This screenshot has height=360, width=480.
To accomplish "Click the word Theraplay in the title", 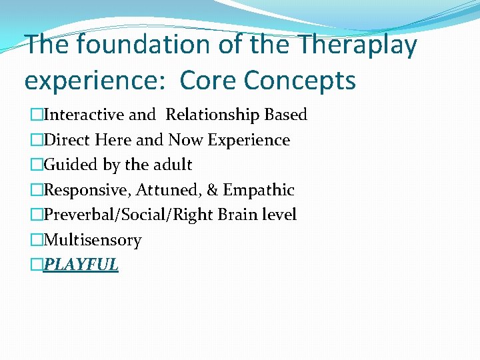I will pyautogui.click(x=357, y=45).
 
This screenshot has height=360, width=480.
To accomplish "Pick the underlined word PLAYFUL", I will pyautogui.click(x=81, y=265).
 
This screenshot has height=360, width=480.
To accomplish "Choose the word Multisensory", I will pyautogui.click(x=92, y=240).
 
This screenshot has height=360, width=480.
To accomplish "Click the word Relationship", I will pyautogui.click(x=213, y=115).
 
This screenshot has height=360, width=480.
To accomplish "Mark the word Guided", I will pyautogui.click(x=69, y=165).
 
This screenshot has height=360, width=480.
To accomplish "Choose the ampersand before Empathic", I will pyautogui.click(x=213, y=190).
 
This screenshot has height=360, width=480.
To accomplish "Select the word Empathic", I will pyautogui.click(x=259, y=190).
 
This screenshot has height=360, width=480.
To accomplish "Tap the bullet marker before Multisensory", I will pyautogui.click(x=36, y=240).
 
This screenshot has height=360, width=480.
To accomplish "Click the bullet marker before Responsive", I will pyautogui.click(x=36, y=190).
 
